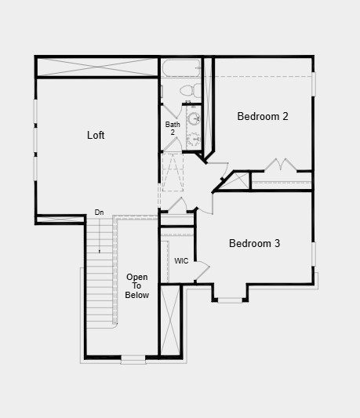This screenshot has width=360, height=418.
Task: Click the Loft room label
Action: coord(96,135)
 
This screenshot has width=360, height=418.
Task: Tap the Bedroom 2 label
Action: coord(263,116)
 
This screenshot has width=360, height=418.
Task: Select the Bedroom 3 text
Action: coord(254,243)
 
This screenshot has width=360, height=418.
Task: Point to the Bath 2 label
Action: coord(173,129)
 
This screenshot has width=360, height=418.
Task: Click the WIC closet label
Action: coord(181,261)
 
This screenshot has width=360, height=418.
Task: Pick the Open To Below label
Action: coord(137,286)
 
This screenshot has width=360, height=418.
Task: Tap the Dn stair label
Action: coord(99,212)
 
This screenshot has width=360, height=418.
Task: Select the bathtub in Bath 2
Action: coord(180,68)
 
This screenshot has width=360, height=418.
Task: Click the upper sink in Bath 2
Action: coord(194,119)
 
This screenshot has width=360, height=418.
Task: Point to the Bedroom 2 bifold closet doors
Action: coord(279,165)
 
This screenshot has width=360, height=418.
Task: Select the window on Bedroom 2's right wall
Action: coord(313,84)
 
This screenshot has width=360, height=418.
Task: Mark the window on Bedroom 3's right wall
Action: coord(313,253)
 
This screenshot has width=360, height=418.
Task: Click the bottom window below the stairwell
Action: coord(133,359)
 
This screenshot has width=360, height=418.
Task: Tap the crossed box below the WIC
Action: coord(170,320)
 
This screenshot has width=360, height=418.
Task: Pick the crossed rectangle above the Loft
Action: coord(97,67)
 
